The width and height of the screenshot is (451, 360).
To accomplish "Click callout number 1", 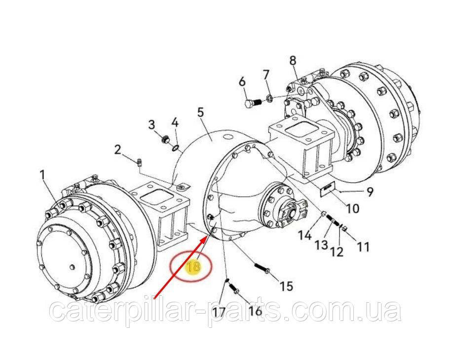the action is pos(42,175).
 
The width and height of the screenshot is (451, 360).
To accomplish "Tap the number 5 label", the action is pos(200,112).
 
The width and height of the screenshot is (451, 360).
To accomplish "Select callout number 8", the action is pos(293,61).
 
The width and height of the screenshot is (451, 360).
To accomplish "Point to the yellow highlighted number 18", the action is pos(193,267).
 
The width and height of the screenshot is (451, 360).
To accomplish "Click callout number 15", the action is pos(286,286).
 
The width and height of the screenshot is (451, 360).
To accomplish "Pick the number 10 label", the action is pos(353,208).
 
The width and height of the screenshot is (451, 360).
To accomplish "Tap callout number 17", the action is pos(219,312).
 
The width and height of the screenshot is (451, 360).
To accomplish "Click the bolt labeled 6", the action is pos(253,103).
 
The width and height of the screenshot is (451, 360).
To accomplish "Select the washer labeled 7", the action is pos(270,99).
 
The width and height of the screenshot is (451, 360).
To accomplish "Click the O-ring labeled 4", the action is pos(176,149).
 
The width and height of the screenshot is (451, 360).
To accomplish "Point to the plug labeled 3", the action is pos(165,140).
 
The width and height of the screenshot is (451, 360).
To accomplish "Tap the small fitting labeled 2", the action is pos(140,162).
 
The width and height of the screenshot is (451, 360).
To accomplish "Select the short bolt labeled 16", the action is pos(234,288).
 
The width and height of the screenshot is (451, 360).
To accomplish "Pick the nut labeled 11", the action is pos(344,228).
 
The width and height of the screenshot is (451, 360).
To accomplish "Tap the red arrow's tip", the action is pos(208,236).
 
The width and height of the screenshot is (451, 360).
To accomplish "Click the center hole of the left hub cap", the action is pos(72,267).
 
